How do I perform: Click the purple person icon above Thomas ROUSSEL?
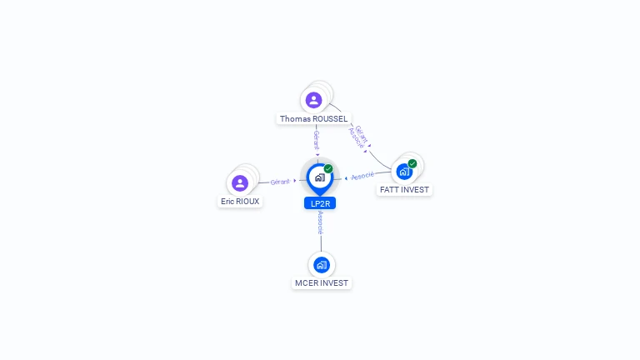(313, 100)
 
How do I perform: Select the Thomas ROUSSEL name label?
(313, 119)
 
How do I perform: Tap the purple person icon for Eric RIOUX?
(240, 182)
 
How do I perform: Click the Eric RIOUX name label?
(240, 201)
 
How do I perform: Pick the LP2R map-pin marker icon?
(320, 179)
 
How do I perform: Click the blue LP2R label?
(320, 203)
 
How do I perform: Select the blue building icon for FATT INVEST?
(404, 172)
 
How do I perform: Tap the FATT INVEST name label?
(404, 190)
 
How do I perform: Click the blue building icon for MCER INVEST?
(322, 265)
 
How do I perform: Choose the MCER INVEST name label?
(322, 282)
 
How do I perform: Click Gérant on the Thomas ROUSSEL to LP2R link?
(317, 140)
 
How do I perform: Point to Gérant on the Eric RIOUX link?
(280, 182)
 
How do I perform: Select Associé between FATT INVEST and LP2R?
(362, 176)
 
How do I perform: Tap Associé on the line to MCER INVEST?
(320, 222)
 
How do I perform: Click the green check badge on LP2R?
(328, 168)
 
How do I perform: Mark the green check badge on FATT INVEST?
(412, 163)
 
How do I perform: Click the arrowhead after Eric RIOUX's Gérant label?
(295, 180)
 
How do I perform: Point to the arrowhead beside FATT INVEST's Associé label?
(346, 178)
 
